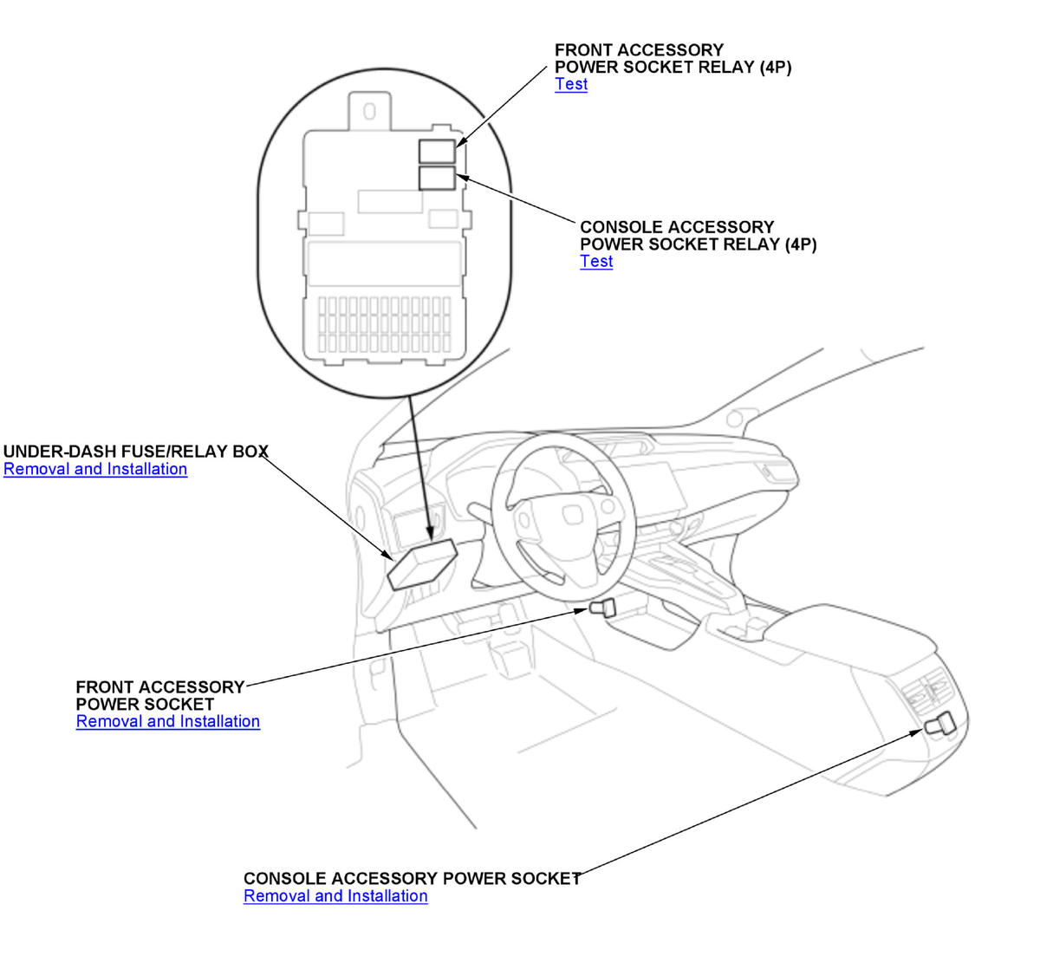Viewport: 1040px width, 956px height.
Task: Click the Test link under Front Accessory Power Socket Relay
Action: (571, 84)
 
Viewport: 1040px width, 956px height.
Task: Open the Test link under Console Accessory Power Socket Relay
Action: (596, 262)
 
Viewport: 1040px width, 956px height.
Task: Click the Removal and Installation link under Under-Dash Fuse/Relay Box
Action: (95, 469)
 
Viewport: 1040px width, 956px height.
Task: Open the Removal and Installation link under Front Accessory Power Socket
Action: (168, 721)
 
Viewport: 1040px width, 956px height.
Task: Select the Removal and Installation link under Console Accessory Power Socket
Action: (335, 896)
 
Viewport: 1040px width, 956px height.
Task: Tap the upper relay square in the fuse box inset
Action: (437, 152)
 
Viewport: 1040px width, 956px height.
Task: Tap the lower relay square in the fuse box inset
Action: (437, 178)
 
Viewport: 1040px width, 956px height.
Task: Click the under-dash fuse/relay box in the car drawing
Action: (422, 564)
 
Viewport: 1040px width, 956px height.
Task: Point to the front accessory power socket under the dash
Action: (603, 607)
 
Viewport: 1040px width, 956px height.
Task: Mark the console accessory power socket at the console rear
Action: (940, 724)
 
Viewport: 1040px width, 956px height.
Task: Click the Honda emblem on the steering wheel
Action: (574, 515)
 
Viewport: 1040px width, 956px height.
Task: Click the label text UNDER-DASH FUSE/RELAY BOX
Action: (136, 452)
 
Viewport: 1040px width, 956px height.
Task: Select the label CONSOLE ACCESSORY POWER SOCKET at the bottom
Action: (413, 879)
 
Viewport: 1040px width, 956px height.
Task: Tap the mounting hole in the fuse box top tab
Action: (370, 111)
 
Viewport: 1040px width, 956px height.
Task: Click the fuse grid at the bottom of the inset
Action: (384, 325)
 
